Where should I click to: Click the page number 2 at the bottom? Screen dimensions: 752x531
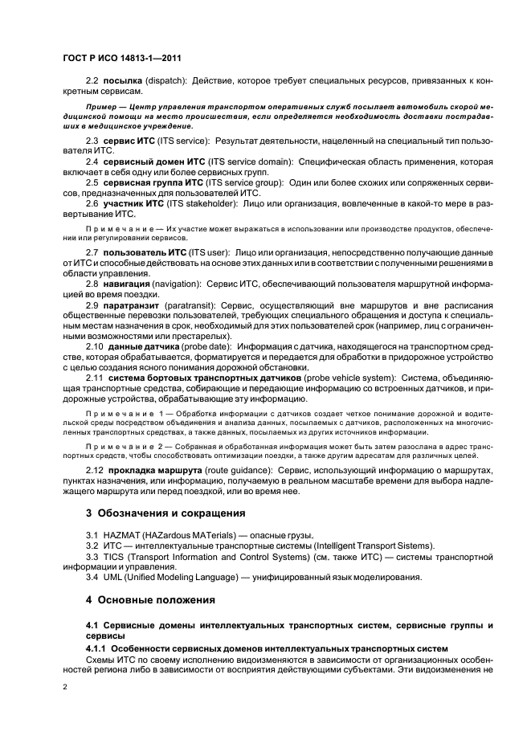click(65, 688)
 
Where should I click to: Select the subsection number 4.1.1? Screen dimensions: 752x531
click(96, 648)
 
